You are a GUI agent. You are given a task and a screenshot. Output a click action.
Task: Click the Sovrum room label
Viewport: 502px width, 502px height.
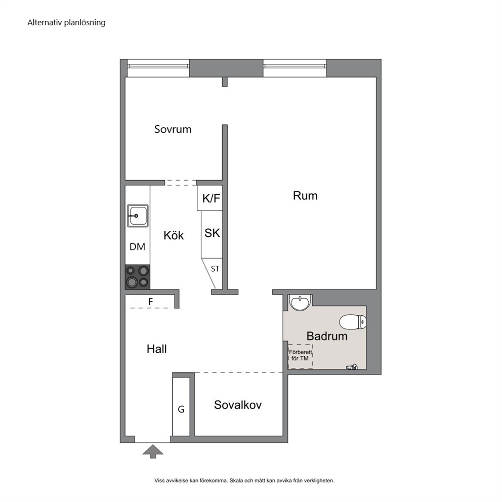point(173,129)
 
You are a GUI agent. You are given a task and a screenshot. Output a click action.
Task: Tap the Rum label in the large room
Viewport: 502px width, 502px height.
point(305,196)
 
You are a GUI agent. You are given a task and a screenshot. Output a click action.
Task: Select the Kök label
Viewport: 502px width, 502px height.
point(174,235)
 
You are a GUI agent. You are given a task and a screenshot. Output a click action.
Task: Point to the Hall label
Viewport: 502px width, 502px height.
point(156,349)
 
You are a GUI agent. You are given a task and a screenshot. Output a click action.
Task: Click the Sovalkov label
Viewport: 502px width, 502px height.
point(238,405)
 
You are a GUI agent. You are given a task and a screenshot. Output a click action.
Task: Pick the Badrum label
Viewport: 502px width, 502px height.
point(327,336)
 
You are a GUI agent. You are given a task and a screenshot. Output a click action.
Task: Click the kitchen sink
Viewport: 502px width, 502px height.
point(138,216)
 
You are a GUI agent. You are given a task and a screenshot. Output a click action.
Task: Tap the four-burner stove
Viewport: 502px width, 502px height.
point(137,277)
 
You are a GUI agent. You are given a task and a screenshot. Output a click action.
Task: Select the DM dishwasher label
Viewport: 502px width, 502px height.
point(137,247)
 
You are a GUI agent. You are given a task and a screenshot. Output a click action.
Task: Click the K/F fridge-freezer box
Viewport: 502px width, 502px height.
point(210,198)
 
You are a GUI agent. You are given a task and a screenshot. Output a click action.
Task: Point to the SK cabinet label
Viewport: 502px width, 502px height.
point(212,233)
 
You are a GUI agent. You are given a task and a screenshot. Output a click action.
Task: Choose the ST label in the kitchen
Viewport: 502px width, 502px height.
point(215,269)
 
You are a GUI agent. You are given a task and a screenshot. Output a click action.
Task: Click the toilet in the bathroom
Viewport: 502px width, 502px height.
point(353,322)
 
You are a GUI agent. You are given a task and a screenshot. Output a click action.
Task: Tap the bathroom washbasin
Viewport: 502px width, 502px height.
point(300,303)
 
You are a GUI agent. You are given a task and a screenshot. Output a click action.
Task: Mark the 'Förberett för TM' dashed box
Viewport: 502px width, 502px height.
point(300,356)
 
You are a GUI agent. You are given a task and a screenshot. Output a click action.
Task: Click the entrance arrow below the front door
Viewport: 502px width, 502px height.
point(153,451)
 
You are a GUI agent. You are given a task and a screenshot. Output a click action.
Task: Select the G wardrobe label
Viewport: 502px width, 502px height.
point(181,409)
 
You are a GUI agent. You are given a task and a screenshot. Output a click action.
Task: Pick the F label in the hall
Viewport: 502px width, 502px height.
point(150,302)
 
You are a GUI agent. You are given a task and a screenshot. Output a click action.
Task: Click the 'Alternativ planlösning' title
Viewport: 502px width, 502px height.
point(66,23)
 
